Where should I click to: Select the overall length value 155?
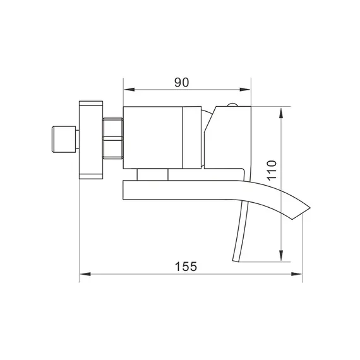pyautogui.click(x=186, y=266)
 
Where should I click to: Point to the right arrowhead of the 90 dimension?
pyautogui.click(x=248, y=88)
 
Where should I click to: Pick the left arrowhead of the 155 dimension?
pyautogui.click(x=83, y=273)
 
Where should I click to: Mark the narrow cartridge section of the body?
pyautogui.click(x=193, y=138)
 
